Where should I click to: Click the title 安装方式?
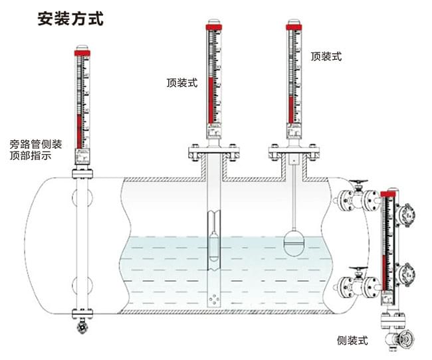(70, 18)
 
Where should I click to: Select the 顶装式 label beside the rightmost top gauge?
(326, 56)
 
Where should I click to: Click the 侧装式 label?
(352, 341)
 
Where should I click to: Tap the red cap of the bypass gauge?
(82, 50)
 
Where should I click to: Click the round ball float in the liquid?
(296, 240)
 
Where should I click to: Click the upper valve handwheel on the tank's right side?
(360, 181)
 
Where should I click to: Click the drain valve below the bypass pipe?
(82, 327)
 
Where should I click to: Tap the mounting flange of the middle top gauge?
(213, 153)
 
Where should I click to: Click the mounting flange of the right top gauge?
(292, 153)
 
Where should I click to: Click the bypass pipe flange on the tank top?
(82, 173)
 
